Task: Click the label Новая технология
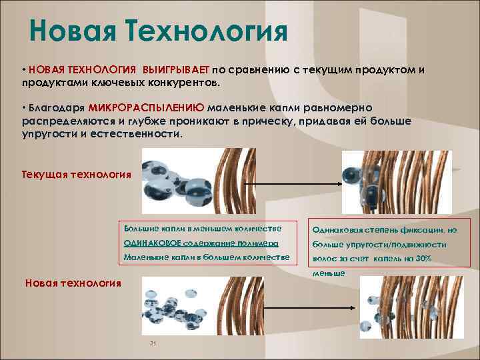[73, 283]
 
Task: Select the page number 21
[153, 343]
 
